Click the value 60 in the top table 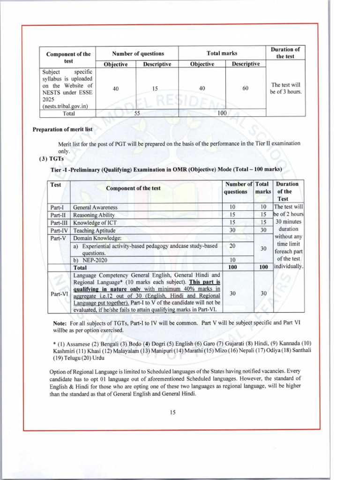[x=245, y=88]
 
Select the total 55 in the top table [x=136, y=113]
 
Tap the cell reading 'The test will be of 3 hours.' [x=285, y=88]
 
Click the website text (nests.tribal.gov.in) [x=67, y=106]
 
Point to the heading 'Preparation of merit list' [x=62, y=129]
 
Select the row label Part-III [x=59, y=223]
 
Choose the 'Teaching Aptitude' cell [x=94, y=231]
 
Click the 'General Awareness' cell [x=96, y=207]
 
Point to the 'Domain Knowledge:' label [x=97, y=238]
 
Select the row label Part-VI [x=59, y=294]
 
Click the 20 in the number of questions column [x=232, y=246]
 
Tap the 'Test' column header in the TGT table [x=55, y=185]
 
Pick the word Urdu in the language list [x=98, y=358]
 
